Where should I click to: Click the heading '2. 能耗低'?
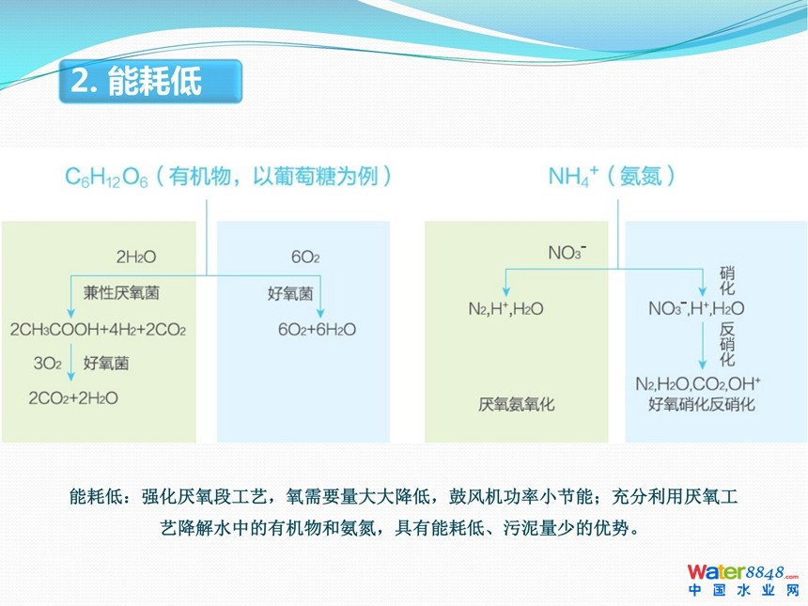[136, 81]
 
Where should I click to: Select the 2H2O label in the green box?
[136, 256]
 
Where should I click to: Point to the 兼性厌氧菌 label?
[121, 293]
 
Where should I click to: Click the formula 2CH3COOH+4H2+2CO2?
[98, 329]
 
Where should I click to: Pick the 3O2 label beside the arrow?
[47, 364]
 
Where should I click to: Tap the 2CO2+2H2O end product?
[73, 397]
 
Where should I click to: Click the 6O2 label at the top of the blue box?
[305, 256]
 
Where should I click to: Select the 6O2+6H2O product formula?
[317, 329]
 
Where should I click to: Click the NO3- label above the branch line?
[567, 253]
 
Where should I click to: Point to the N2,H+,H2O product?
[505, 309]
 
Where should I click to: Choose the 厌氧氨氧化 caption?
[517, 405]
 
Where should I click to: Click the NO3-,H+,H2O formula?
[696, 308]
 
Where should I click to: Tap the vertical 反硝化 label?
[727, 344]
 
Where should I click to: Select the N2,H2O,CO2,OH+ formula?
[698, 384]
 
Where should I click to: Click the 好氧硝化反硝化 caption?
[701, 405]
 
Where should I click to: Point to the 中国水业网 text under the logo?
[742, 591]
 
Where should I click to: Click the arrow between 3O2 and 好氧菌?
[71, 363]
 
